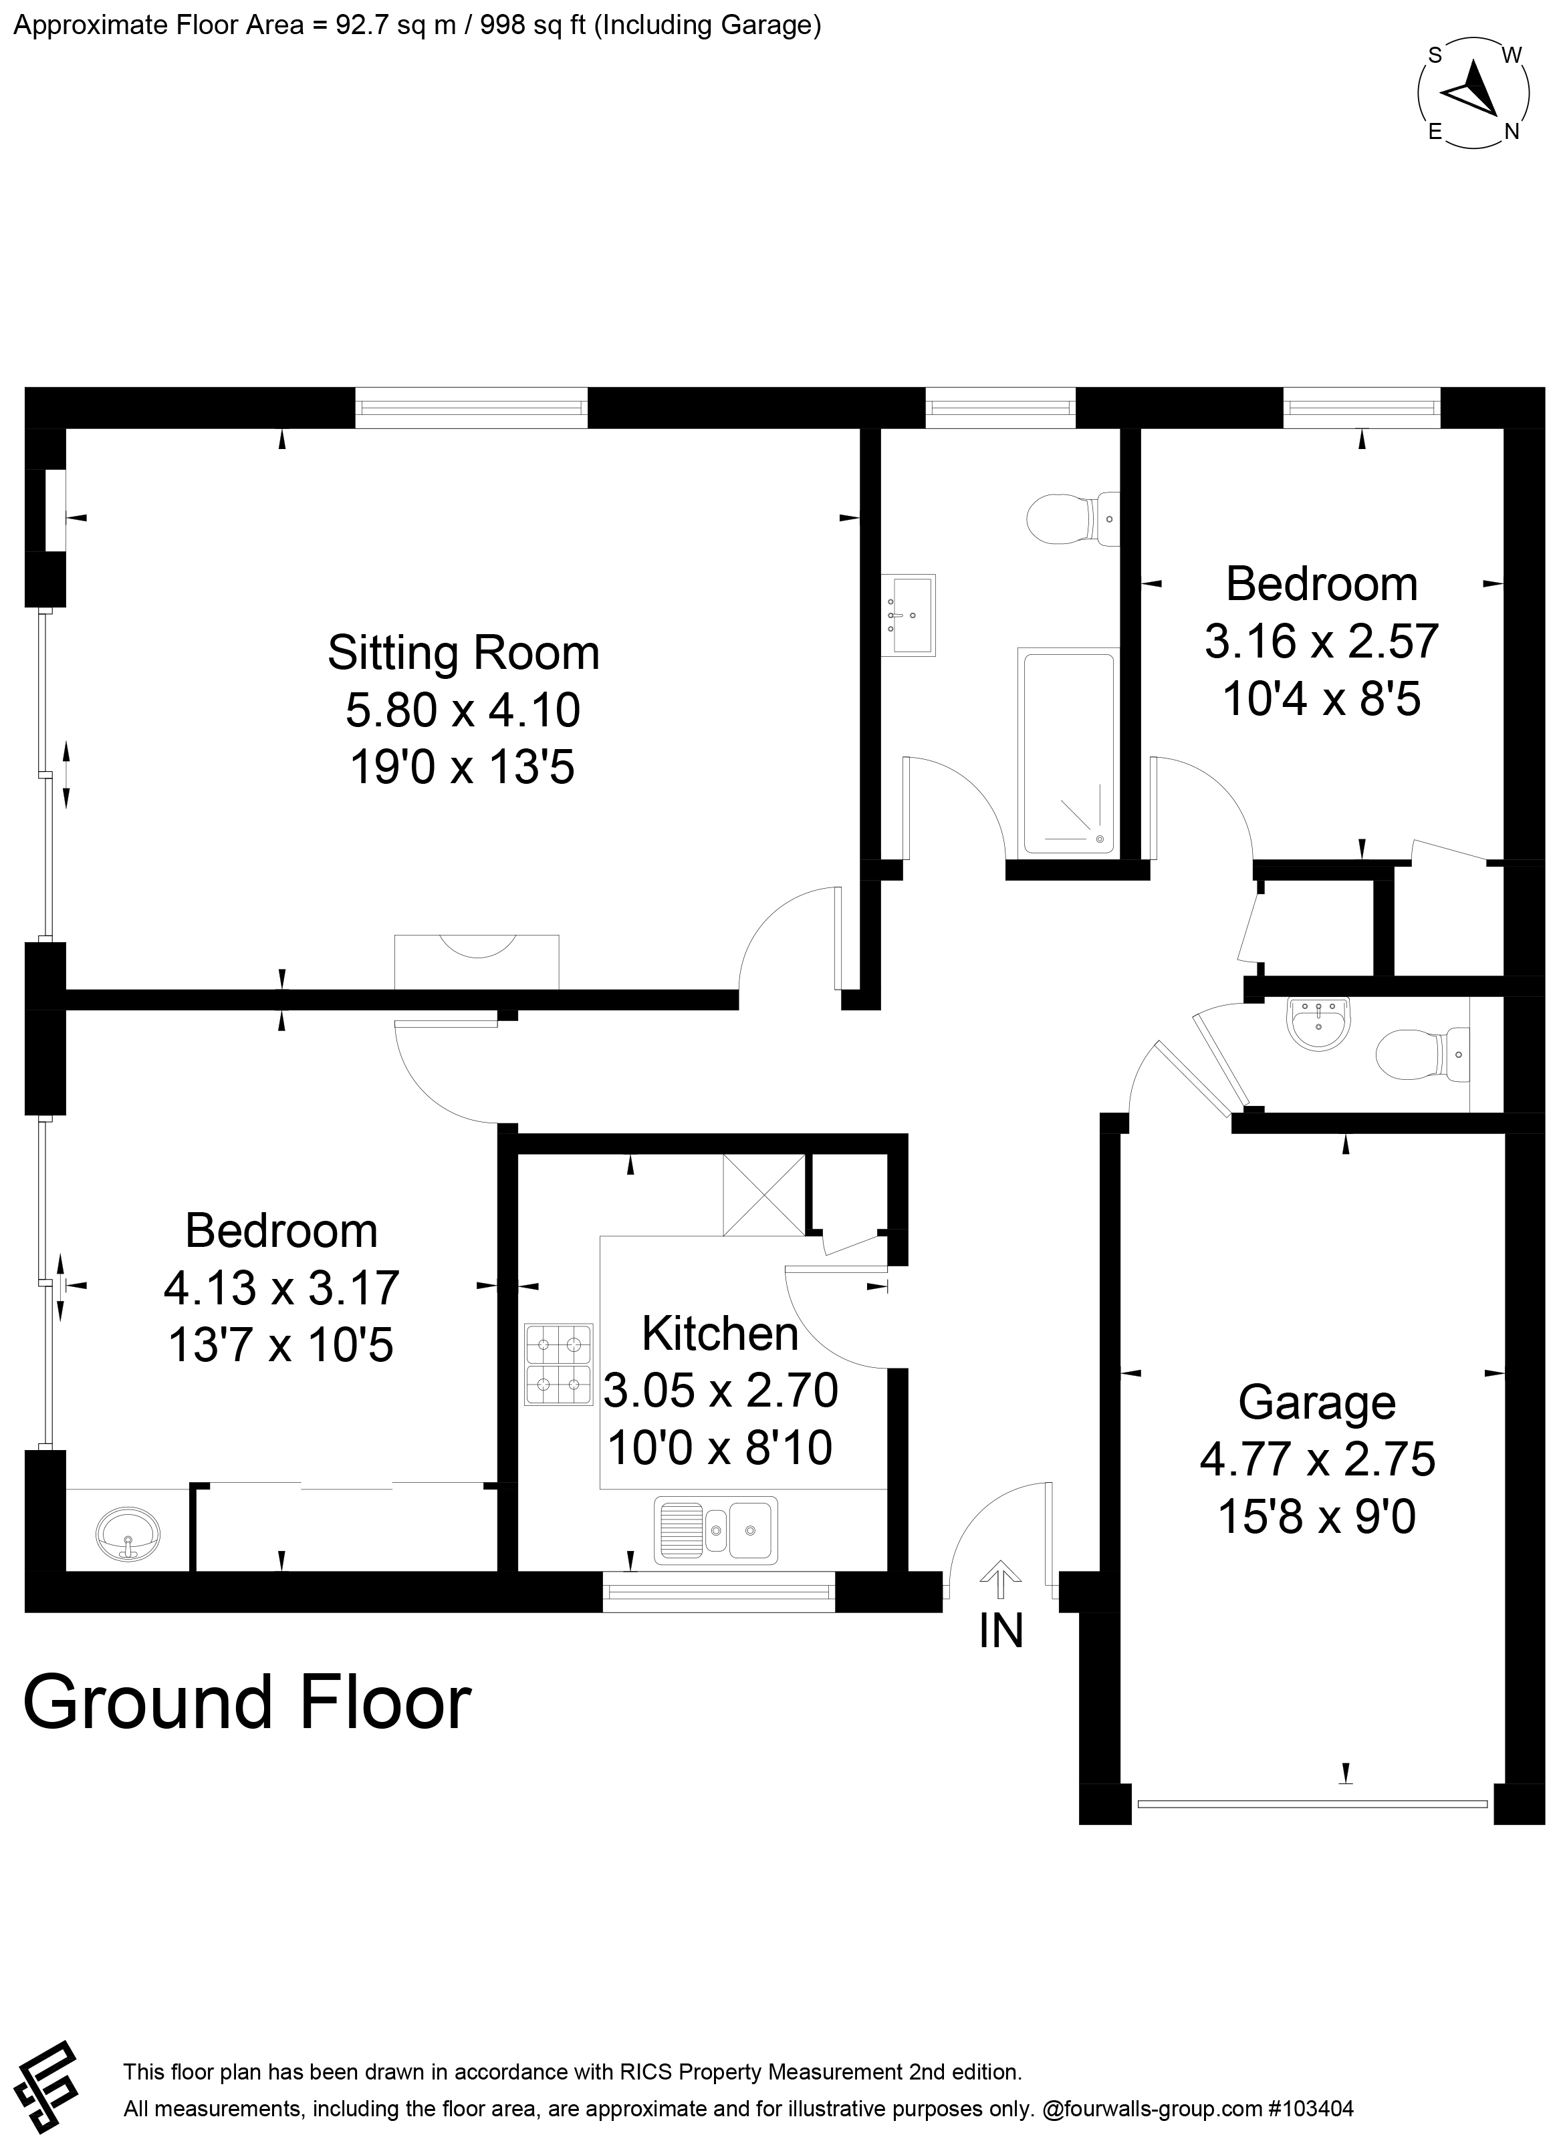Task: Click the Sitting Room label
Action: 463,653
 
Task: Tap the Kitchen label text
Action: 720,1334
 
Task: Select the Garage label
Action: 1317,1403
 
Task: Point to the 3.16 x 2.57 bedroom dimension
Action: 1322,641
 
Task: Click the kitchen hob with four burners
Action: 559,1365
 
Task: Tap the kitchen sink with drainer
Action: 716,1530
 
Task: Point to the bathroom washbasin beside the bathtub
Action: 908,615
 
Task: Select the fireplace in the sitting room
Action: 477,961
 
